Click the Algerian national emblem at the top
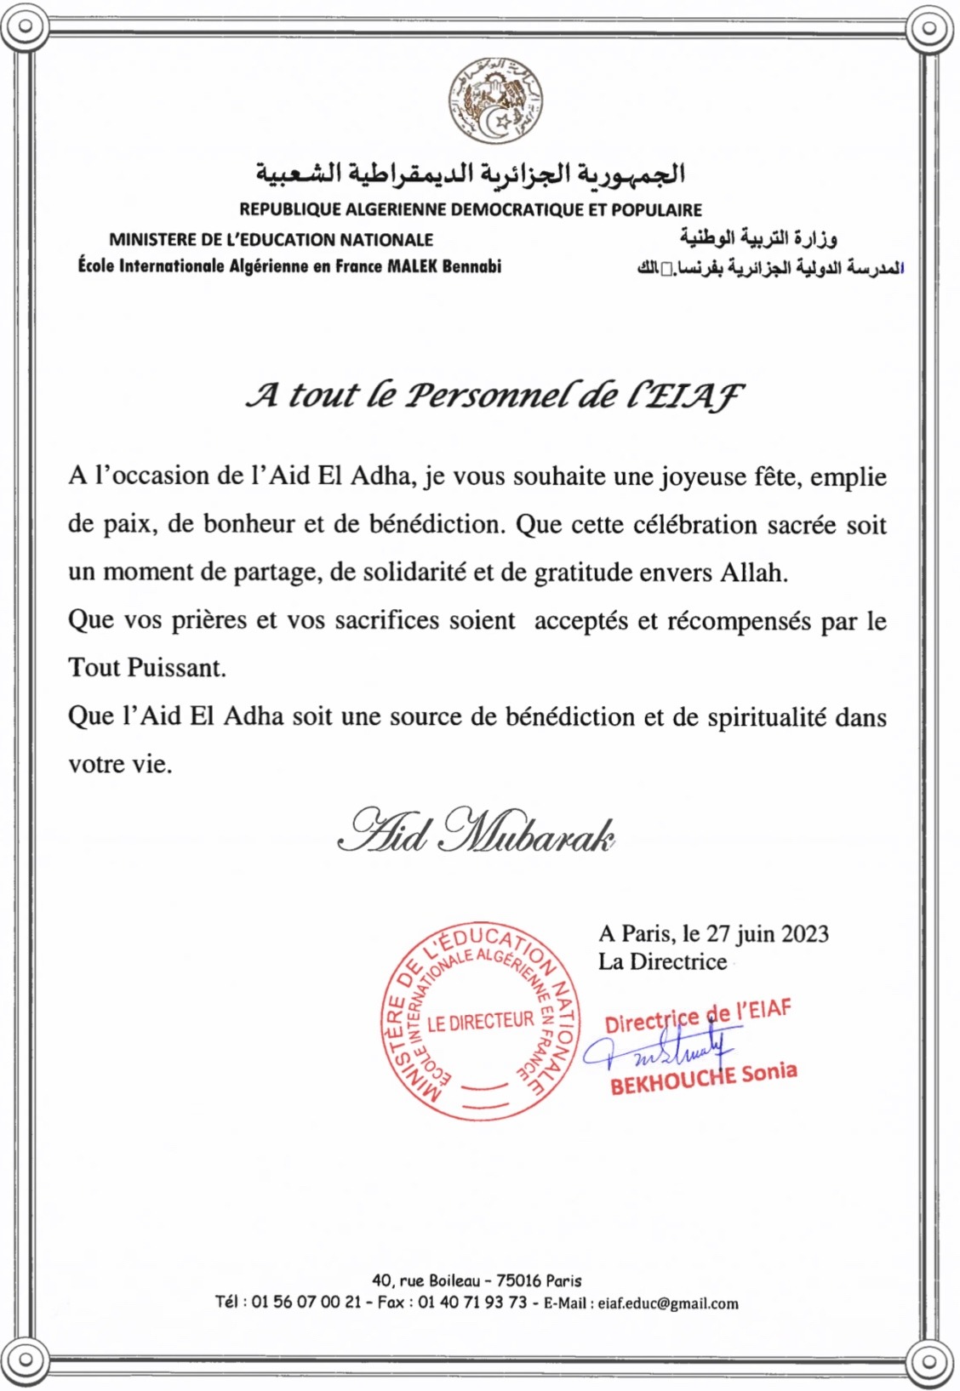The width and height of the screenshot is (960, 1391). [x=495, y=101]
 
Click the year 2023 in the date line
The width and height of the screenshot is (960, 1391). [x=804, y=933]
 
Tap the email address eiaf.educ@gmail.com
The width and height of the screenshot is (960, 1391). [x=668, y=1303]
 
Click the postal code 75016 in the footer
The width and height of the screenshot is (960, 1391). [x=518, y=1280]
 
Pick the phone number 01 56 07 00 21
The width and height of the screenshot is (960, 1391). [x=306, y=1303]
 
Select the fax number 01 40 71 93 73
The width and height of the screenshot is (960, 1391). [x=472, y=1303]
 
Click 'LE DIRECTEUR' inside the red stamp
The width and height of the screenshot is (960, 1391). [x=480, y=1022]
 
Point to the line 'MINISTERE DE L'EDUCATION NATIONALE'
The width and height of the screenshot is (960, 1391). [x=271, y=240]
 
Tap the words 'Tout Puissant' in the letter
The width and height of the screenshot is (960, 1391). [x=146, y=668]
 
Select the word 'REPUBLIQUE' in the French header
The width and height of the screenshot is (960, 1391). [x=289, y=209]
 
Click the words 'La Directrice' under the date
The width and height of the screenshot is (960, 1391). [x=662, y=962]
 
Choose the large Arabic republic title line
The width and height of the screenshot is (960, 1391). [x=471, y=174]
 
